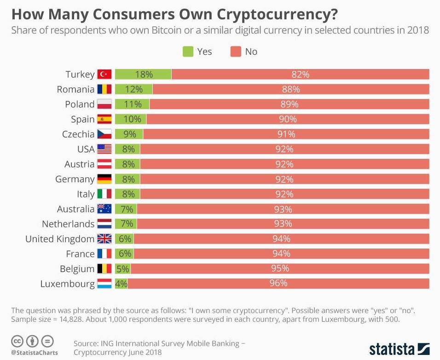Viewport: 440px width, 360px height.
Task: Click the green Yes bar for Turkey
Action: [x=143, y=74]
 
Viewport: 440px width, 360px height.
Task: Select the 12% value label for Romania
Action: [x=133, y=89]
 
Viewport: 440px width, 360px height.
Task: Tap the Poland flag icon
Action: [x=104, y=105]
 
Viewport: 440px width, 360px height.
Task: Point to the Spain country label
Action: [x=82, y=119]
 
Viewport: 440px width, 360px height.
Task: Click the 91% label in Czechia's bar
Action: [x=286, y=134]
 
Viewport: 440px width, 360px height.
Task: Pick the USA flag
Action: [x=104, y=149]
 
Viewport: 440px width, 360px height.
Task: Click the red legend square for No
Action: [x=236, y=52]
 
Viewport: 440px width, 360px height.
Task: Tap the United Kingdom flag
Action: [x=104, y=239]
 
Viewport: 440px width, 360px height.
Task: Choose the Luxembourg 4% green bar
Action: [x=121, y=284]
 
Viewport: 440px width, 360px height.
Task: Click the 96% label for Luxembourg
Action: [x=278, y=284]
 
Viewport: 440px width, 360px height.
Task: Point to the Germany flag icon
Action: [x=104, y=179]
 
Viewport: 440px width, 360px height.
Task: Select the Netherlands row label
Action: [x=68, y=224]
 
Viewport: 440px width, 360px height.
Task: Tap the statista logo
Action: [x=399, y=348]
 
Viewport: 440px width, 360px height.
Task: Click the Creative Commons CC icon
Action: [x=17, y=342]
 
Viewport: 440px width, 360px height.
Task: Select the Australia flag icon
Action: [x=104, y=209]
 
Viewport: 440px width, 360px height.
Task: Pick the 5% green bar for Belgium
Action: [x=123, y=269]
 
